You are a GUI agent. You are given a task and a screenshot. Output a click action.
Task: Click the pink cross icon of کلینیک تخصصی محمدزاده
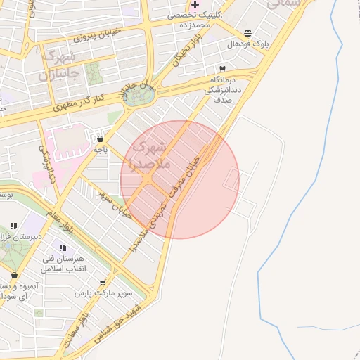(x=195, y=4)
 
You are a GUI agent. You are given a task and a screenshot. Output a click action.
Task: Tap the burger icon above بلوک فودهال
(x=247, y=33)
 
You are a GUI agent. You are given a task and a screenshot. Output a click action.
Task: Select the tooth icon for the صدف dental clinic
(x=223, y=69)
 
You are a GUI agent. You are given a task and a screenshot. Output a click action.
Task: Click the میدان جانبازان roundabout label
(x=138, y=91)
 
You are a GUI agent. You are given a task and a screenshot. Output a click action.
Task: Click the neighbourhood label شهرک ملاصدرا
(x=150, y=155)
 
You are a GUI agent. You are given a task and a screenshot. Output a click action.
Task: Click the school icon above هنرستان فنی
(x=63, y=247)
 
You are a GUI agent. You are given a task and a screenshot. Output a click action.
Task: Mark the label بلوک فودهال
(x=247, y=44)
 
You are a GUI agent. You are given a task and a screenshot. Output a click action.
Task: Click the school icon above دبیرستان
(x=13, y=226)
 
